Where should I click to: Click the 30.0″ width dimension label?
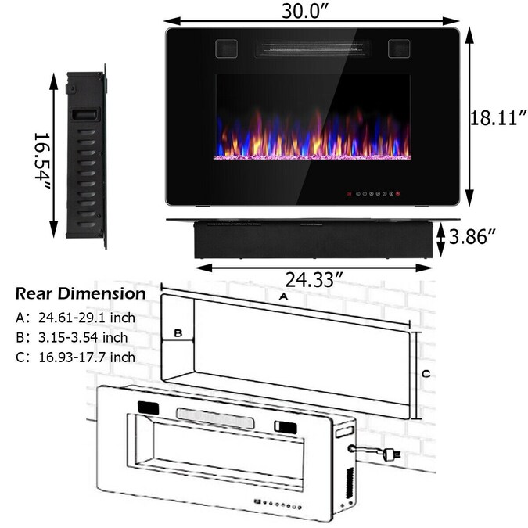(311, 11)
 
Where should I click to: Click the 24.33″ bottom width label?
(313, 278)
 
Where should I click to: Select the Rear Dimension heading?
(80, 294)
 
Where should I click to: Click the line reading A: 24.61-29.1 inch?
(76, 318)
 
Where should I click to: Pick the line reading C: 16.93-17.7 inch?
(75, 357)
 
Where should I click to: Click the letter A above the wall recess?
(282, 297)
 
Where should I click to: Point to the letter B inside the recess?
(178, 333)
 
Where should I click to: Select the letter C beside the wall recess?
(425, 374)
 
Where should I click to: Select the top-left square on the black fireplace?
(227, 48)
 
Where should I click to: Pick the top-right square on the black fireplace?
(399, 48)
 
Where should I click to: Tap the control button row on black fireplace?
(374, 193)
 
